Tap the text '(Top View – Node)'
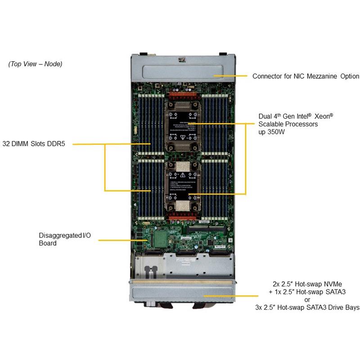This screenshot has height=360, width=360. [x=35, y=64]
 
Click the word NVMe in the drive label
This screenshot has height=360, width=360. [x=333, y=284]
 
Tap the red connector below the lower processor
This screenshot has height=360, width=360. [x=182, y=219]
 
